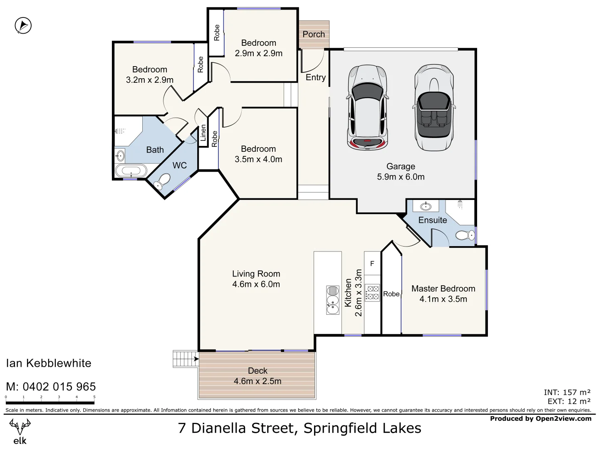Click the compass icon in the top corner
point(23,26)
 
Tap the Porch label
point(314,34)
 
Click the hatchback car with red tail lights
point(367,108)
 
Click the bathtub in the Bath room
point(131,170)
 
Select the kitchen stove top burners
point(372,292)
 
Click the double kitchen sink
point(333,300)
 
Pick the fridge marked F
point(372,264)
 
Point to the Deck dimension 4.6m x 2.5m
point(257,381)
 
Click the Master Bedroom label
point(443,289)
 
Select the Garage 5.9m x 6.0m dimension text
point(401,177)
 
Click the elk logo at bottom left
point(20,432)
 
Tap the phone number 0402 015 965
point(59,387)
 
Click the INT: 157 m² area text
point(567,392)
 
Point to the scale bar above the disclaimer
point(50,402)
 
